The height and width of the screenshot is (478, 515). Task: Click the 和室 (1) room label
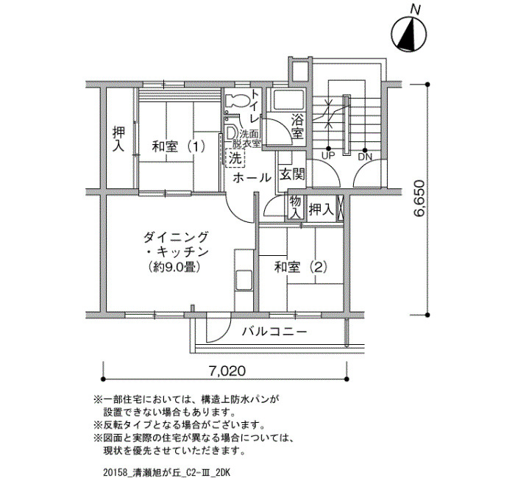point(178,146)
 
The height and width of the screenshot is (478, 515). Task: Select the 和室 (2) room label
point(301,268)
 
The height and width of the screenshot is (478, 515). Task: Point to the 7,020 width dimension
point(227,371)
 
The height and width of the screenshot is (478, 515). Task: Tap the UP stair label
point(327,156)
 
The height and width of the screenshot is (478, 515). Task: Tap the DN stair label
point(365,157)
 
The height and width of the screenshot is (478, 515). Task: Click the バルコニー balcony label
point(274,332)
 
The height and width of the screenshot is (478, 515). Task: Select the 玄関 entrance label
point(292,174)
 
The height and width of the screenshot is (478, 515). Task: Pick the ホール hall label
point(252,178)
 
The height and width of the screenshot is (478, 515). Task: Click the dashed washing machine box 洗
point(235,159)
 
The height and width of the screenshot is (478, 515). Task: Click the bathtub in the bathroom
point(288,100)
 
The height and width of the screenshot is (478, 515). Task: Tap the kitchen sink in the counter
point(244,279)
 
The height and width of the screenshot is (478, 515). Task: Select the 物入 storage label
point(295,207)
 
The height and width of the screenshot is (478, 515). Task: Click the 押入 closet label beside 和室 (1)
point(118,139)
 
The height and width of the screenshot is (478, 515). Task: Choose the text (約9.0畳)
point(174,267)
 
